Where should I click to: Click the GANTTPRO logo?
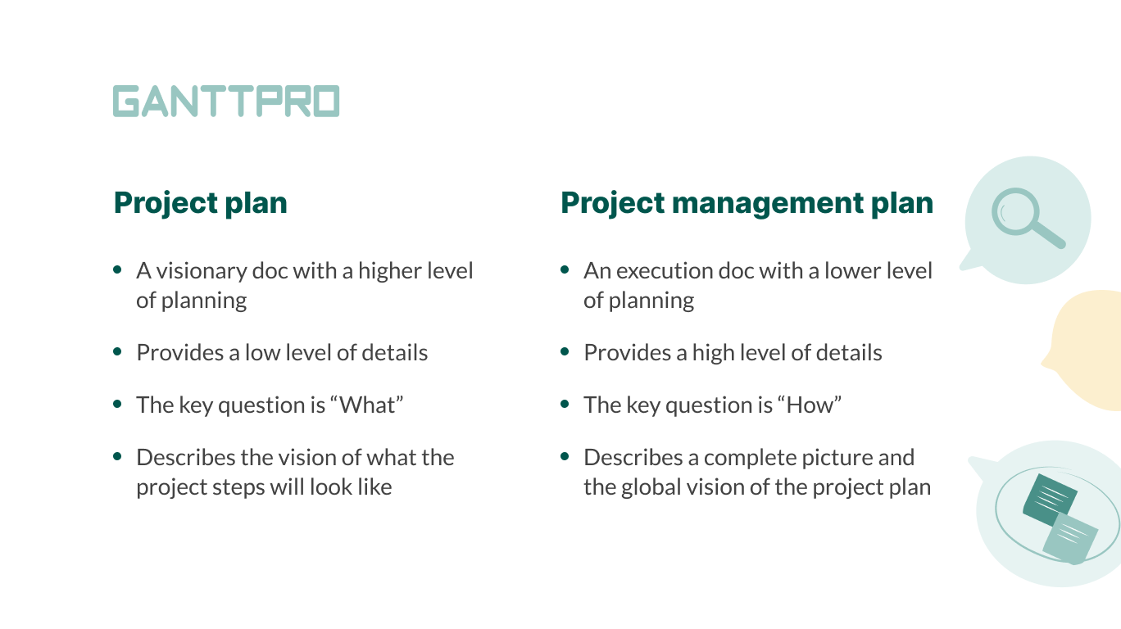click(x=225, y=102)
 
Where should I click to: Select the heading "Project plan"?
click(x=200, y=202)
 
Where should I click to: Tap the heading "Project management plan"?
click(x=747, y=202)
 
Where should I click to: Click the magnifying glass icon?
click(x=1026, y=218)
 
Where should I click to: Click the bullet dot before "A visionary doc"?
click(x=118, y=269)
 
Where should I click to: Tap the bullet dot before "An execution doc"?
click(x=565, y=269)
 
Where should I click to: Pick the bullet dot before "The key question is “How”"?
click(x=565, y=404)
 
